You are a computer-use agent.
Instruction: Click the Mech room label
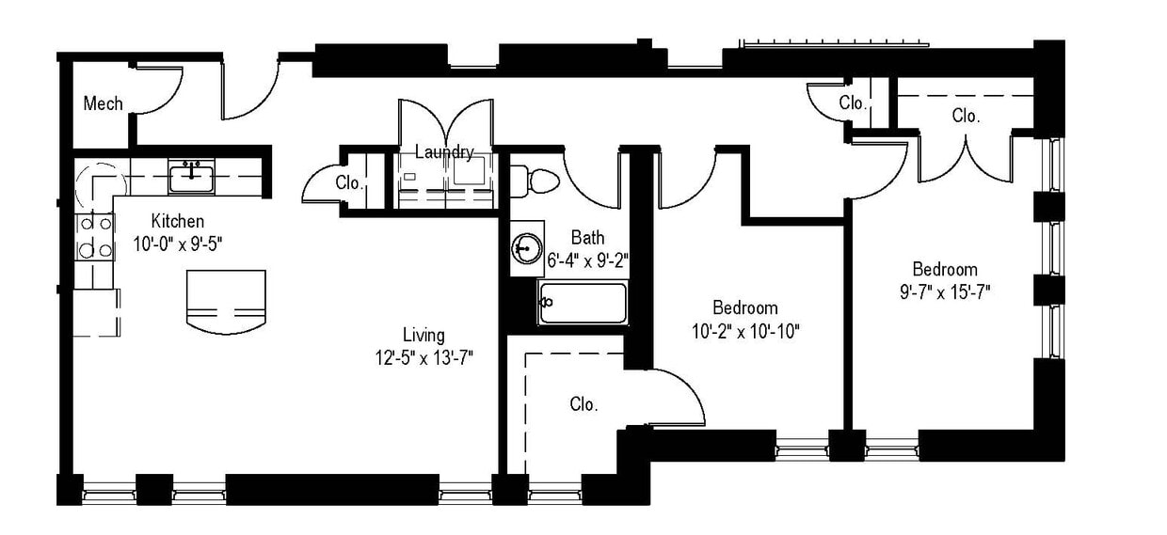click(103, 103)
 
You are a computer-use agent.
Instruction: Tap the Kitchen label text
click(178, 222)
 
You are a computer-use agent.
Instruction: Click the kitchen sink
click(192, 175)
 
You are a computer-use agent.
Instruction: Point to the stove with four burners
click(93, 237)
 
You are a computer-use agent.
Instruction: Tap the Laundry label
click(444, 151)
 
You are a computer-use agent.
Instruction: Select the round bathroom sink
click(527, 248)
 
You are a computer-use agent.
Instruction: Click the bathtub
click(582, 303)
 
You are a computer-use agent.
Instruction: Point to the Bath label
click(587, 238)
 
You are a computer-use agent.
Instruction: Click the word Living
click(424, 336)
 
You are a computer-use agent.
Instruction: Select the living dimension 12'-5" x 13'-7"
click(424, 357)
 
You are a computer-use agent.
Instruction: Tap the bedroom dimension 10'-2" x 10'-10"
click(744, 331)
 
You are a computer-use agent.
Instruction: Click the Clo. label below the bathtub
click(583, 404)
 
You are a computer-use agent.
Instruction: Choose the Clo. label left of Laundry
click(349, 183)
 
